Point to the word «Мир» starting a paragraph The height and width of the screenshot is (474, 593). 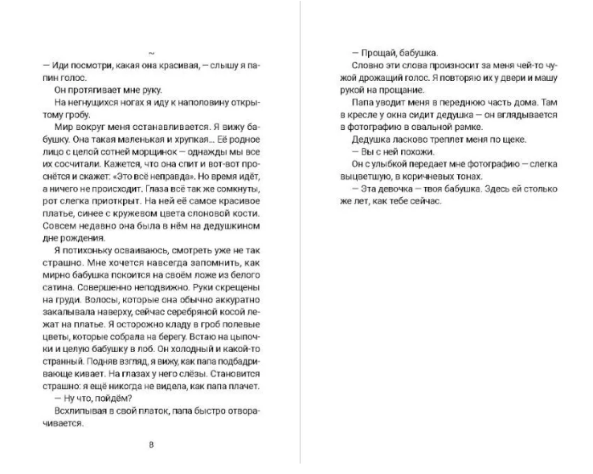click(x=63, y=128)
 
